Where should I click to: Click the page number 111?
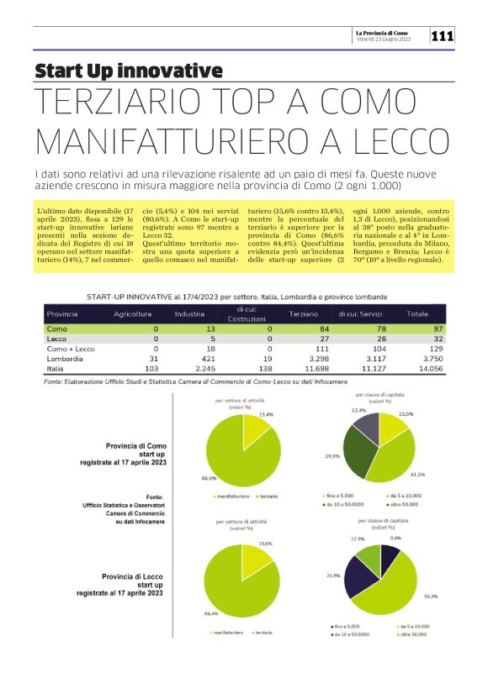(x=443, y=36)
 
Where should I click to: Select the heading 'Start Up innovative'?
(x=129, y=71)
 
